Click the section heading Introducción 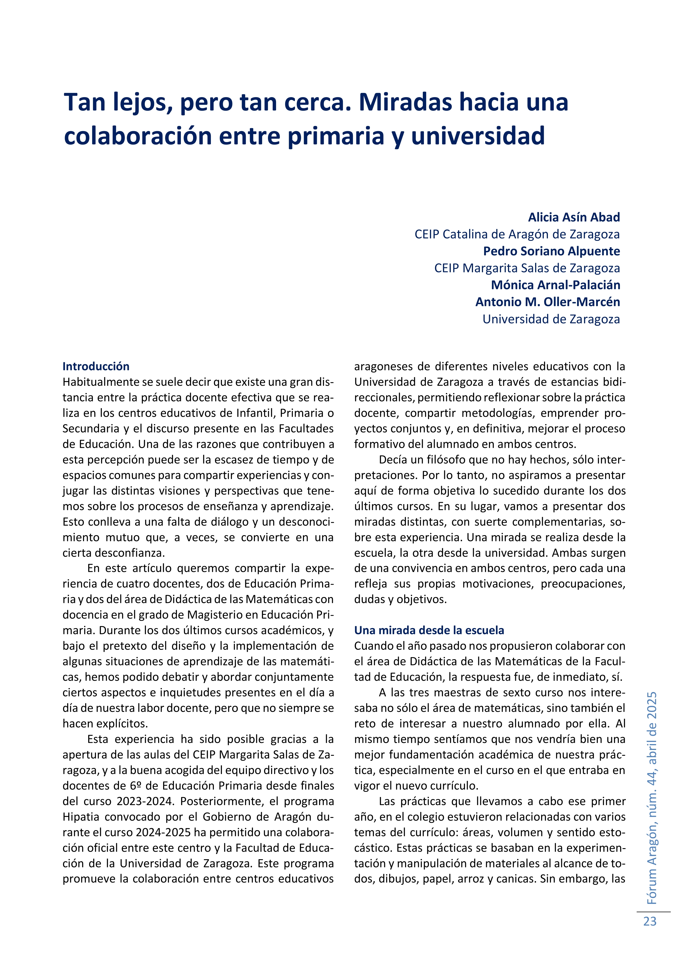coord(96,366)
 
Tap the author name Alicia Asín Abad coord(574,218)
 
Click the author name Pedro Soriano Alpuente coord(551,251)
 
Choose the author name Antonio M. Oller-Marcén coord(547,302)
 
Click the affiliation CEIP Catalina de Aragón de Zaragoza coord(517,234)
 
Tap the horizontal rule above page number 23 coord(653,912)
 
